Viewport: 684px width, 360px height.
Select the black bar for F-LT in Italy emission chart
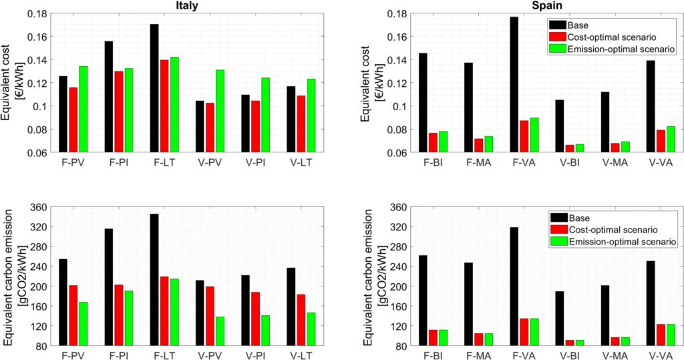(154, 280)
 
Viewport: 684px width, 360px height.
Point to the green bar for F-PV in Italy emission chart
(83, 324)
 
